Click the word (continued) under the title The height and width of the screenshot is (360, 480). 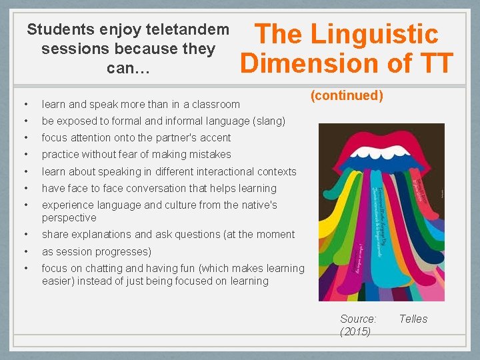click(x=347, y=95)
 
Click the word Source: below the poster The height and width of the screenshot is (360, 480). click(x=358, y=319)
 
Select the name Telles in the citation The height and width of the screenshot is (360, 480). click(x=413, y=319)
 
